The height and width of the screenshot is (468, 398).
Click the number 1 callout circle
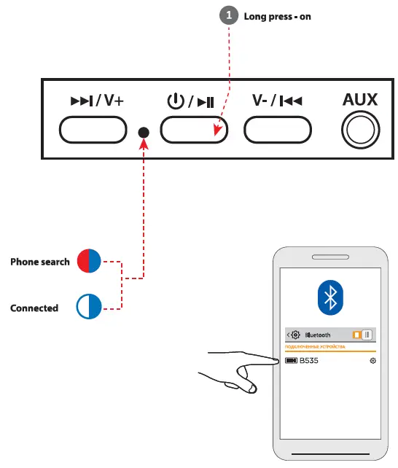pos(230,16)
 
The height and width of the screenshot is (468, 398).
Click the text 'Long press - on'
pos(277,16)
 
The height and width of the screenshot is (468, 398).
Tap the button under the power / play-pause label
pos(193,130)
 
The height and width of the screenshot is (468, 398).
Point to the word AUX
pos(360,99)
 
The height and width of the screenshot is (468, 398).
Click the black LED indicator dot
pos(144,132)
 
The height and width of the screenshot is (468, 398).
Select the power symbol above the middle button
pos(175,101)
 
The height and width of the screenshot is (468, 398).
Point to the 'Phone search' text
pos(40,262)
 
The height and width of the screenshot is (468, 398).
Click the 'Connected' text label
pos(34,308)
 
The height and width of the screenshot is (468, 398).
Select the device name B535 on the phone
pos(309,361)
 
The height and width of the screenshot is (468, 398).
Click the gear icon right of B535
pos(373,361)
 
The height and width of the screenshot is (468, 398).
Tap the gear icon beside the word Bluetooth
pos(296,335)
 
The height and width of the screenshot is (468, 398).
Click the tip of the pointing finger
pos(277,359)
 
